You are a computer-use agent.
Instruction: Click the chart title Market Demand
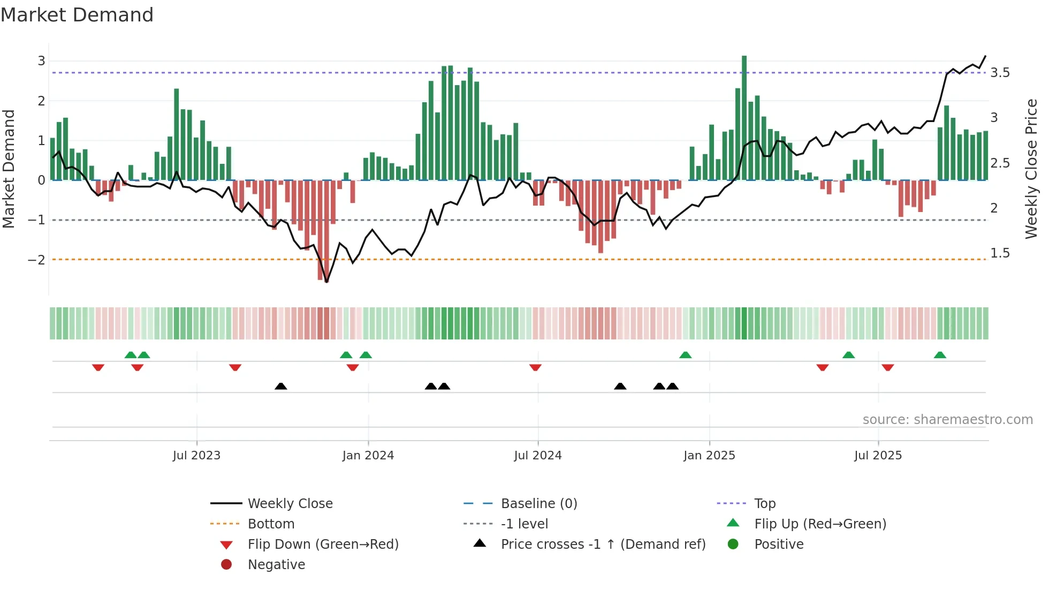[77, 15]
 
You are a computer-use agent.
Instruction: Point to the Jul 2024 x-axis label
[537, 456]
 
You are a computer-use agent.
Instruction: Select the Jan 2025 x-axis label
[709, 456]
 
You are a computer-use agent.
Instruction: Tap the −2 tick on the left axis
[36, 260]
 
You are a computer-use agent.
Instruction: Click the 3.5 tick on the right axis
[1000, 73]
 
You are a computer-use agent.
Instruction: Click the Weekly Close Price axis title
[1031, 169]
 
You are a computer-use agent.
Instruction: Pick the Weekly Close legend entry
[290, 504]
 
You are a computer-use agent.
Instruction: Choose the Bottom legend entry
[271, 524]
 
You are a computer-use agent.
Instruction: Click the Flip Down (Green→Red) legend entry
[323, 544]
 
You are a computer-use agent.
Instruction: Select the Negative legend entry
[276, 565]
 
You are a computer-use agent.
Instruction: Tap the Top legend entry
[764, 504]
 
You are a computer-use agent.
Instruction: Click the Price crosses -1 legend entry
[603, 544]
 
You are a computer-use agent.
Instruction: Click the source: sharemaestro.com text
[947, 420]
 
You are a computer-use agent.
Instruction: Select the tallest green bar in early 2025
[744, 118]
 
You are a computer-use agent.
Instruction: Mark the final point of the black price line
[985, 56]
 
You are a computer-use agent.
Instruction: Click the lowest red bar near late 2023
[326, 230]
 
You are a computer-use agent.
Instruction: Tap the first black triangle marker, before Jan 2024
[280, 386]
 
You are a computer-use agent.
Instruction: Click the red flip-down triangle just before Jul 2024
[535, 367]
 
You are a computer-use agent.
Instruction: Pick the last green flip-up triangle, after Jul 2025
[940, 355]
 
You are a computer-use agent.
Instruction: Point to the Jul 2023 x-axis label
[196, 456]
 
